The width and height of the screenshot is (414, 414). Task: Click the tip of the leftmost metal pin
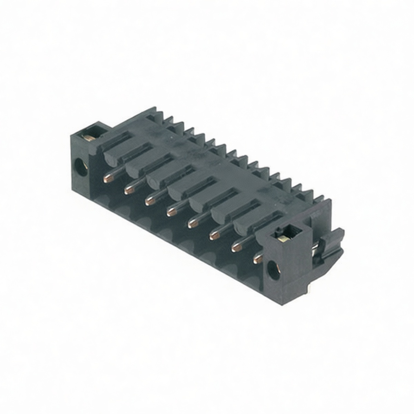pos(108,178)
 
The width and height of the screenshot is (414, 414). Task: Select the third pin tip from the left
pos(149,201)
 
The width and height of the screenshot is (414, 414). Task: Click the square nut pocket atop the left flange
pos(92,132)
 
